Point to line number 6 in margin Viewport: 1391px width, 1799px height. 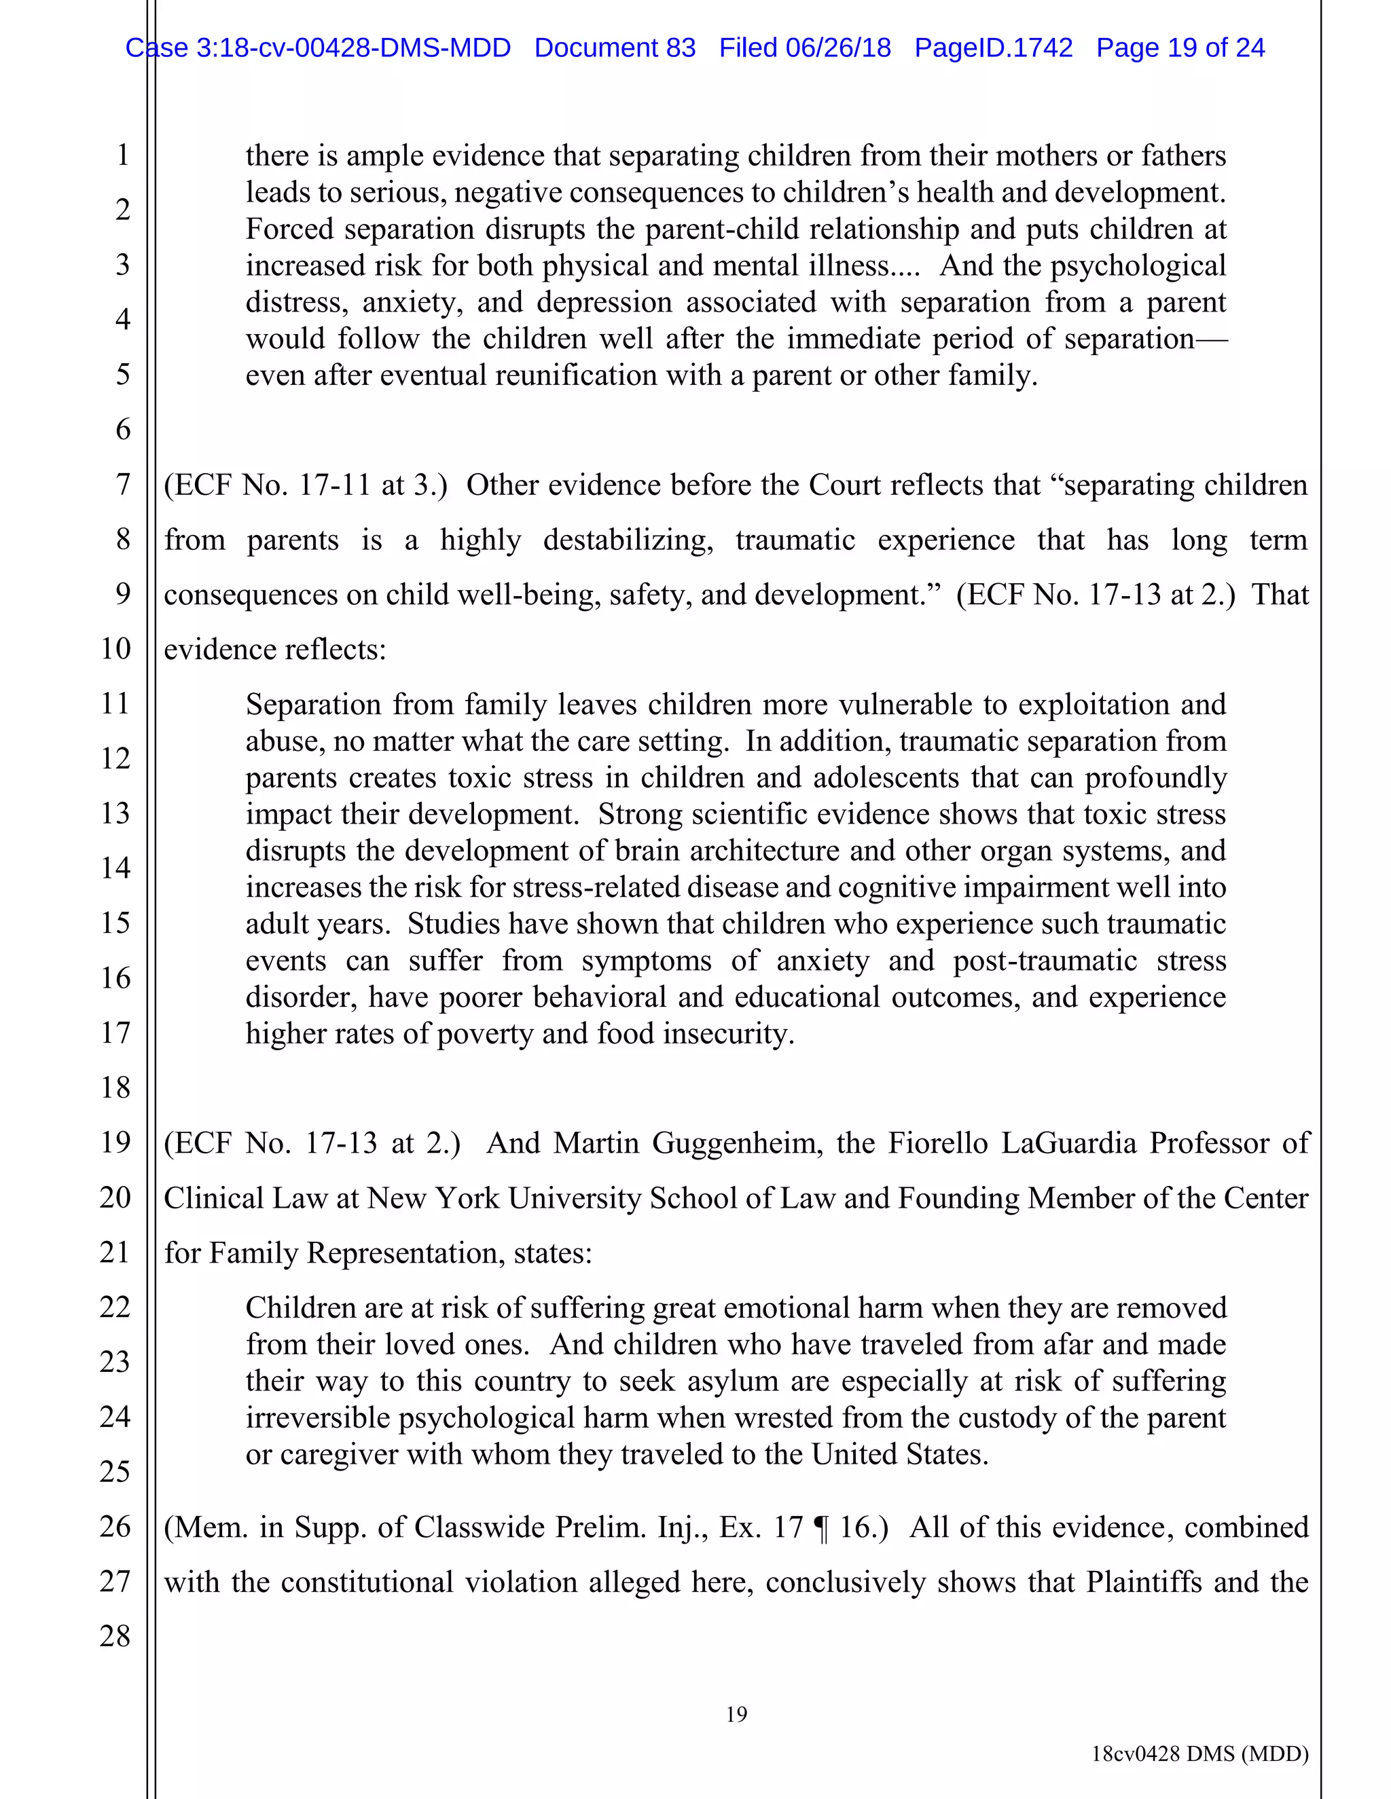(123, 429)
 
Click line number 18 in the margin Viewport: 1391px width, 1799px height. (115, 1088)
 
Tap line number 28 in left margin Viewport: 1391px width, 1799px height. (115, 1636)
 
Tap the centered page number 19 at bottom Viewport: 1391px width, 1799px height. (736, 1714)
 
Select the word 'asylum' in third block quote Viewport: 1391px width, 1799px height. (733, 1381)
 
